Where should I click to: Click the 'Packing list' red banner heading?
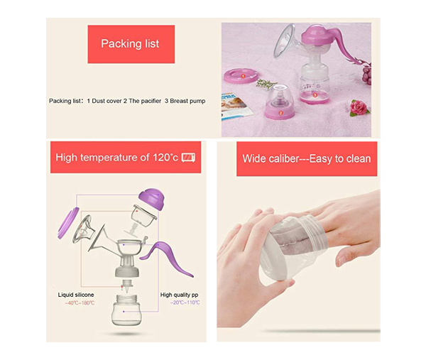tap(131, 44)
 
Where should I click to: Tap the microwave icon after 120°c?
tap(188, 158)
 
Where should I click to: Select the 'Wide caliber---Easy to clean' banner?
tap(307, 158)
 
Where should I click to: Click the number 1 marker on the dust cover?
tap(243, 77)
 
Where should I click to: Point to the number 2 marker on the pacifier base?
tap(280, 113)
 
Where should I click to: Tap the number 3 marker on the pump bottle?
tap(315, 95)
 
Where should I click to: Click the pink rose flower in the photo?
tap(359, 107)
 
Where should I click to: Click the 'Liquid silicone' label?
tap(76, 295)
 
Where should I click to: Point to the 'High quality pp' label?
tap(180, 295)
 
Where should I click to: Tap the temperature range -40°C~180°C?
tap(80, 303)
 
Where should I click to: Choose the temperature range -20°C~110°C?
tap(185, 302)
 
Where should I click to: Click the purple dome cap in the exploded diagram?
tap(152, 199)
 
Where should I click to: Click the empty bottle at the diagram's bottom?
tap(126, 310)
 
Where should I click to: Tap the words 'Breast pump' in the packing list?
tap(187, 101)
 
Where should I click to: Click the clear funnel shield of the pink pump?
tap(285, 40)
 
